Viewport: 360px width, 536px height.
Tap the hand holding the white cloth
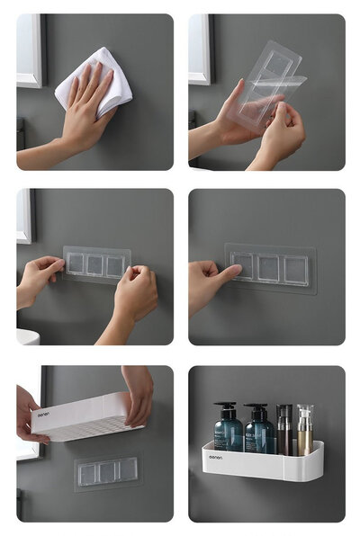(x=85, y=117)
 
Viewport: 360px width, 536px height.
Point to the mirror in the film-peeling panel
(x=200, y=49)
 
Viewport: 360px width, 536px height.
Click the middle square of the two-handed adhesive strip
(x=95, y=265)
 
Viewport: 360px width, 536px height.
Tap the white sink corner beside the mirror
(x=27, y=336)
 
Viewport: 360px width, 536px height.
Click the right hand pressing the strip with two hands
(x=135, y=297)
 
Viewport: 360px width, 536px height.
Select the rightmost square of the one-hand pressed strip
(x=296, y=268)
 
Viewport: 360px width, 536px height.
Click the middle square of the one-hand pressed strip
(x=269, y=268)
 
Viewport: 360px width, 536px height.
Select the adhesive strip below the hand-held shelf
(x=107, y=470)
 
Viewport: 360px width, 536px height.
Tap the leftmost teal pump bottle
(x=227, y=432)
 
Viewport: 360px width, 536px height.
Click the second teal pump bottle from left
(x=258, y=432)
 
